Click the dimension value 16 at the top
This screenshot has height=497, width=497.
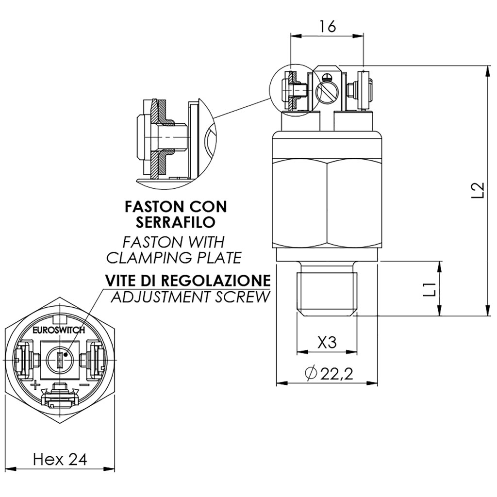click(x=328, y=27)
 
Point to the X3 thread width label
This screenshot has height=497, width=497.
click(x=327, y=343)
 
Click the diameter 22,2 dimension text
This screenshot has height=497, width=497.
click(x=329, y=373)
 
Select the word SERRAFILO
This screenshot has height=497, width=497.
click(x=175, y=223)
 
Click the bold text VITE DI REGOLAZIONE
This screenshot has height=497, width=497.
click(x=187, y=281)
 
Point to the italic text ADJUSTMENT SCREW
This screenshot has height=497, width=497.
click(x=189, y=297)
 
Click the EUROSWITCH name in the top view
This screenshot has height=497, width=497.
click(x=59, y=330)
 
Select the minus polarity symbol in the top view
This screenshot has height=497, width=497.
click(x=83, y=385)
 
